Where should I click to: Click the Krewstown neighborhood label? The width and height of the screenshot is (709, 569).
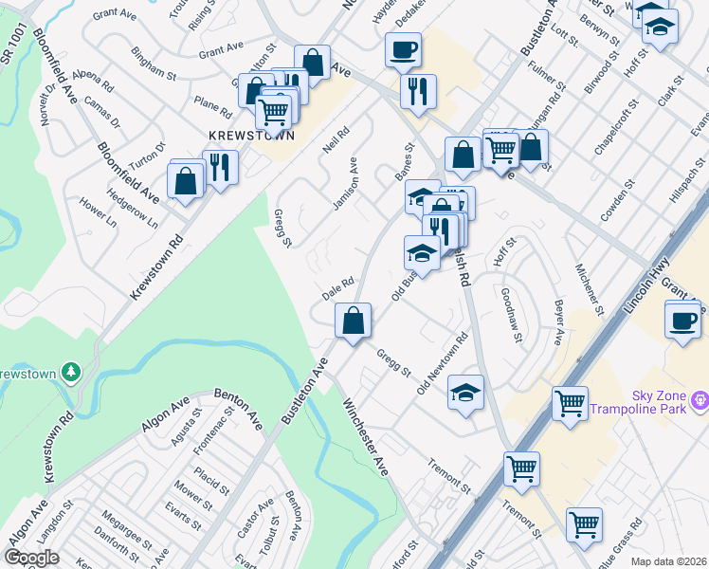click(251, 136)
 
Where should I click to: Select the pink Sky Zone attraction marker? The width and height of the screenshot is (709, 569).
click(700, 400)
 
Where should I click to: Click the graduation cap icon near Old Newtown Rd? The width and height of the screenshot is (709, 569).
click(465, 393)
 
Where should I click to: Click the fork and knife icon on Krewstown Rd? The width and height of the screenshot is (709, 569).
click(220, 168)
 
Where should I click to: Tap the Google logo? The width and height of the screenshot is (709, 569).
click(31, 558)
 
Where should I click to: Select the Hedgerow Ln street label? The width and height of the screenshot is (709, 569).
click(132, 211)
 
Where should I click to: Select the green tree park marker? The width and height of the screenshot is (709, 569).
click(69, 370)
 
